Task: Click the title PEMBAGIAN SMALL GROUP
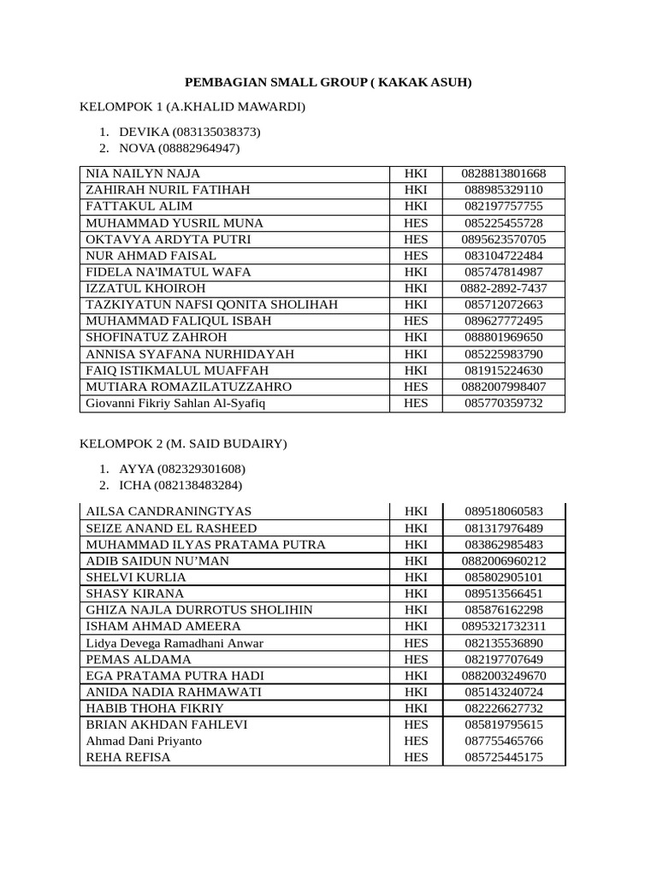pyautogui.click(x=328, y=83)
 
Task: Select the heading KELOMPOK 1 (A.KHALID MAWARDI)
pyautogui.click(x=192, y=107)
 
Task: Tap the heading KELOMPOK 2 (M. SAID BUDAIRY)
pyautogui.click(x=183, y=444)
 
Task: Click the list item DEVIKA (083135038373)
pyautogui.click(x=189, y=133)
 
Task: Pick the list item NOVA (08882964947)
pyautogui.click(x=180, y=149)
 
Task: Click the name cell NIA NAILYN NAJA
pyautogui.click(x=143, y=174)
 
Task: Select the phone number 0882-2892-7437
pyautogui.click(x=504, y=288)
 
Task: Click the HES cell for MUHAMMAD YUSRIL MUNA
pyautogui.click(x=416, y=223)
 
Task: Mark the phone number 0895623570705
pyautogui.click(x=504, y=240)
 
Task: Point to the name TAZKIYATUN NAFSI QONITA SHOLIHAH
pyautogui.click(x=211, y=305)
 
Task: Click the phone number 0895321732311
pyautogui.click(x=504, y=626)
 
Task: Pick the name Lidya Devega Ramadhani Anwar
pyautogui.click(x=175, y=643)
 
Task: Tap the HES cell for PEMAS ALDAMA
pyautogui.click(x=416, y=660)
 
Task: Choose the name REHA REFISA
pyautogui.click(x=128, y=758)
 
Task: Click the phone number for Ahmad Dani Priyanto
pyautogui.click(x=504, y=742)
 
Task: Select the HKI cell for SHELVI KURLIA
pyautogui.click(x=416, y=577)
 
